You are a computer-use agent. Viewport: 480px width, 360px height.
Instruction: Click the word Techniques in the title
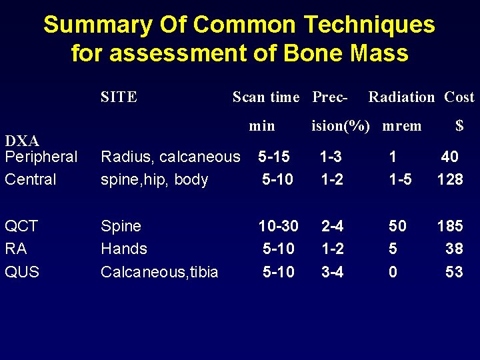[369, 25]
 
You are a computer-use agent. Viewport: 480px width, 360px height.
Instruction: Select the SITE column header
[119, 97]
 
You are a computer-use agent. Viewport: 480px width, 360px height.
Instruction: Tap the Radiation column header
[401, 97]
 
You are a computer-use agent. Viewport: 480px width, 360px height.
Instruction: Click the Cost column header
[459, 97]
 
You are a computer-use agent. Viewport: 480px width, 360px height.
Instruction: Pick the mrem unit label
[402, 125]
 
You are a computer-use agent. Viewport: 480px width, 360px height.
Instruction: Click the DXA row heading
[22, 141]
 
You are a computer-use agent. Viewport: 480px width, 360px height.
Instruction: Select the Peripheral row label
[41, 157]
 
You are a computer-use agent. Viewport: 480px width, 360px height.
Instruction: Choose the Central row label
[31, 179]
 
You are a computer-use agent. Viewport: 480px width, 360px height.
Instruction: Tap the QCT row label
[21, 226]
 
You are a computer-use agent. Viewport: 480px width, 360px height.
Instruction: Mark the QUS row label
[22, 271]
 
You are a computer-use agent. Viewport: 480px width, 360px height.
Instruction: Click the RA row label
[16, 249]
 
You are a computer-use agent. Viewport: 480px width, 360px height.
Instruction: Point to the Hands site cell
[123, 249]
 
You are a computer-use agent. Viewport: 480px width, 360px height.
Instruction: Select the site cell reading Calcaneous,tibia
[159, 271]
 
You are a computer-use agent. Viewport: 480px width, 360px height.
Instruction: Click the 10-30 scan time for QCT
[278, 226]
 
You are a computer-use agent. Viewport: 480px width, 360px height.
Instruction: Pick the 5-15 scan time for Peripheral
[274, 157]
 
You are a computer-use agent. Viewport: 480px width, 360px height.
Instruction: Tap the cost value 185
[449, 226]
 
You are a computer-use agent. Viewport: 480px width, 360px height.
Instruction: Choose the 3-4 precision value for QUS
[332, 271]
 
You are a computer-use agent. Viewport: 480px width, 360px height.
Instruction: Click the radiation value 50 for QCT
[397, 226]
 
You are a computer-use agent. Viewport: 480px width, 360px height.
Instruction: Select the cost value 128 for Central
[449, 179]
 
